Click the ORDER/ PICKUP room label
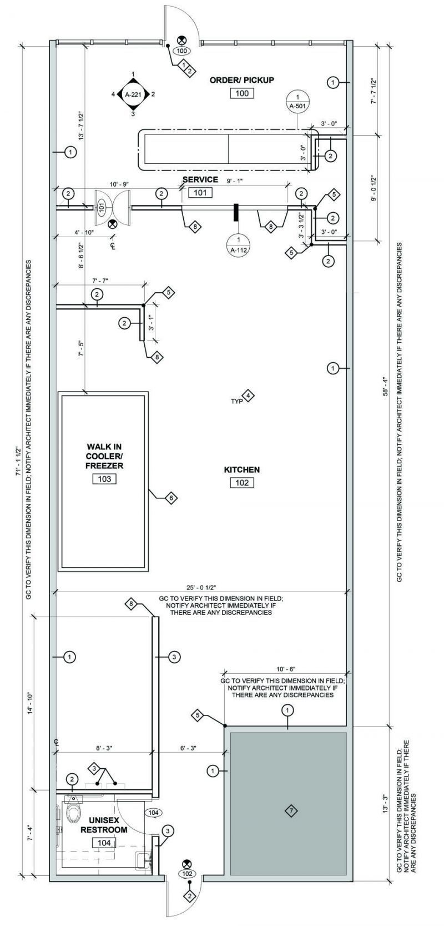(241, 80)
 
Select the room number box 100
(242, 93)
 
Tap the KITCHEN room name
(241, 470)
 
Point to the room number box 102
(242, 483)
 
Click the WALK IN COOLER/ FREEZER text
(104, 456)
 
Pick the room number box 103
(104, 479)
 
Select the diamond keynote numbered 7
(290, 811)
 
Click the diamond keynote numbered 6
(171, 498)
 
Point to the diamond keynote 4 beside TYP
(249, 396)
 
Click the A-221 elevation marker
(133, 94)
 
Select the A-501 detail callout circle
(297, 100)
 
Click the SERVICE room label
(200, 179)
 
